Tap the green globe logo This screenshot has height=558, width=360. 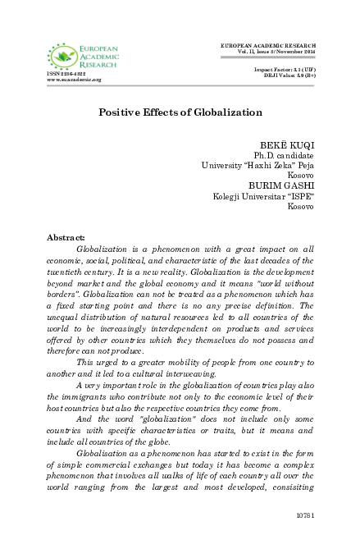point(60,57)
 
